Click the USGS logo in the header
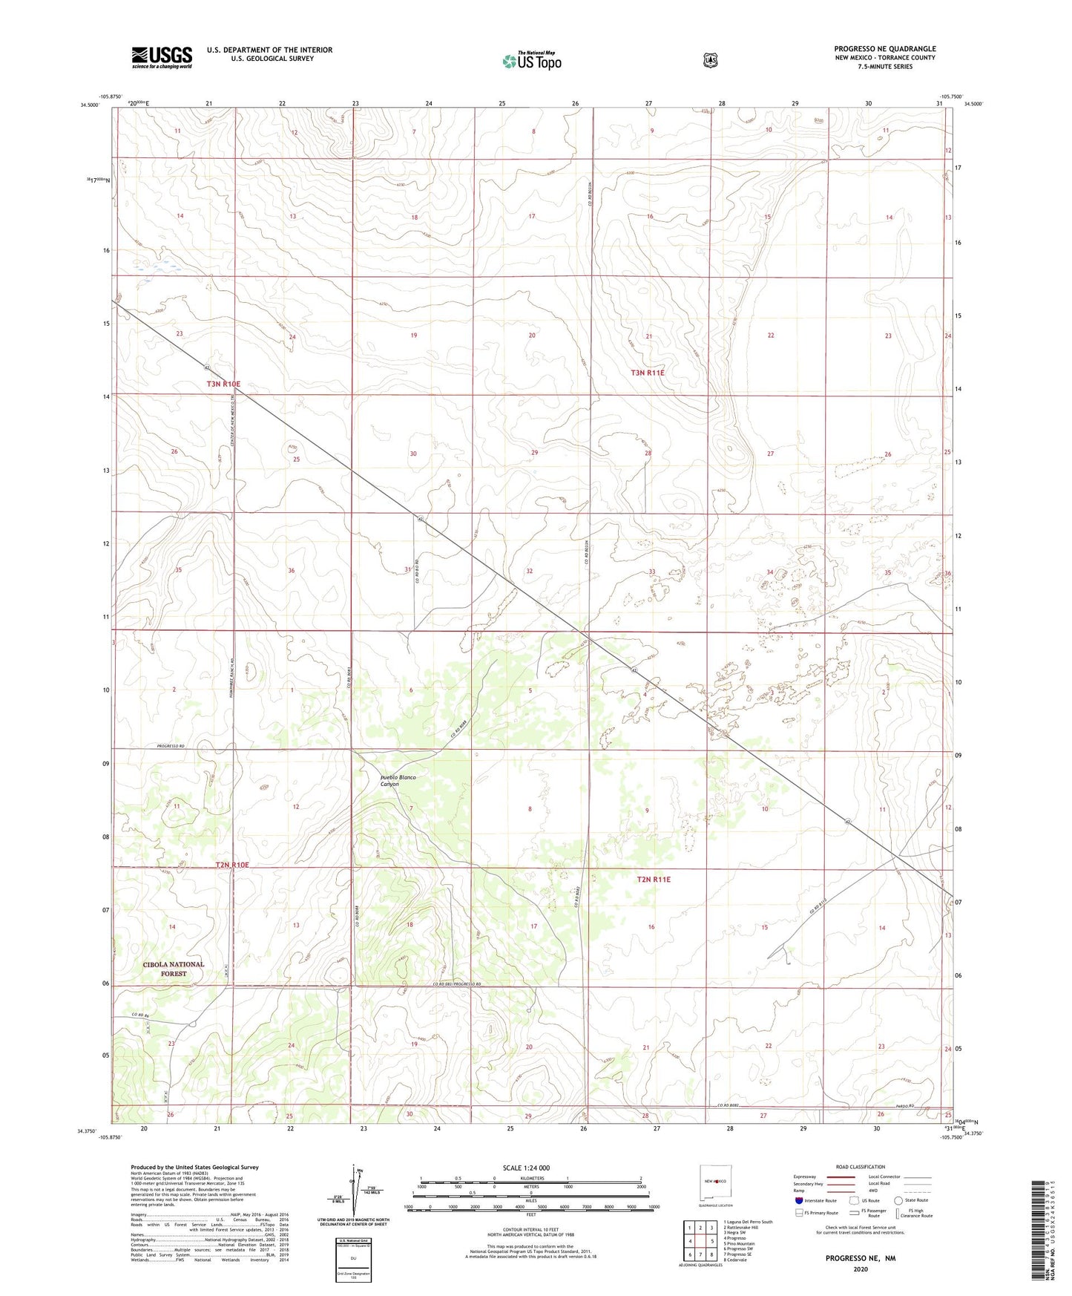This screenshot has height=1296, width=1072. click(162, 57)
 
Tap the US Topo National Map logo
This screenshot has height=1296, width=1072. click(531, 61)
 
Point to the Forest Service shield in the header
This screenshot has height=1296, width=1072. click(710, 60)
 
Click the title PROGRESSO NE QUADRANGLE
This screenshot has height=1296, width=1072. click(884, 49)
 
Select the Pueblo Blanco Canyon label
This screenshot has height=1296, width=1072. click(398, 780)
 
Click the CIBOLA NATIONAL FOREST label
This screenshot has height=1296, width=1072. click(174, 969)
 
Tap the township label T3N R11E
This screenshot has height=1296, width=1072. click(647, 373)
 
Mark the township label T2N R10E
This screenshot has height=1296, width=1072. click(232, 865)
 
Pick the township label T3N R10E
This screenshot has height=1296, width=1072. click(223, 384)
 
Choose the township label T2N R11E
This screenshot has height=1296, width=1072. click(654, 879)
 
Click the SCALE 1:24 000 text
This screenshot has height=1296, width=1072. click(526, 1168)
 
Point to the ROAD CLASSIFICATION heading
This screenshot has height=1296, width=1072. click(860, 1167)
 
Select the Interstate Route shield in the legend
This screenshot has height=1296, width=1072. click(798, 1200)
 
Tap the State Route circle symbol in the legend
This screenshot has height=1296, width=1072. click(898, 1200)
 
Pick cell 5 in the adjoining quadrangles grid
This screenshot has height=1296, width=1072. click(711, 1241)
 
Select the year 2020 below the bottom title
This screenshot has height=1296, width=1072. click(861, 1269)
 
